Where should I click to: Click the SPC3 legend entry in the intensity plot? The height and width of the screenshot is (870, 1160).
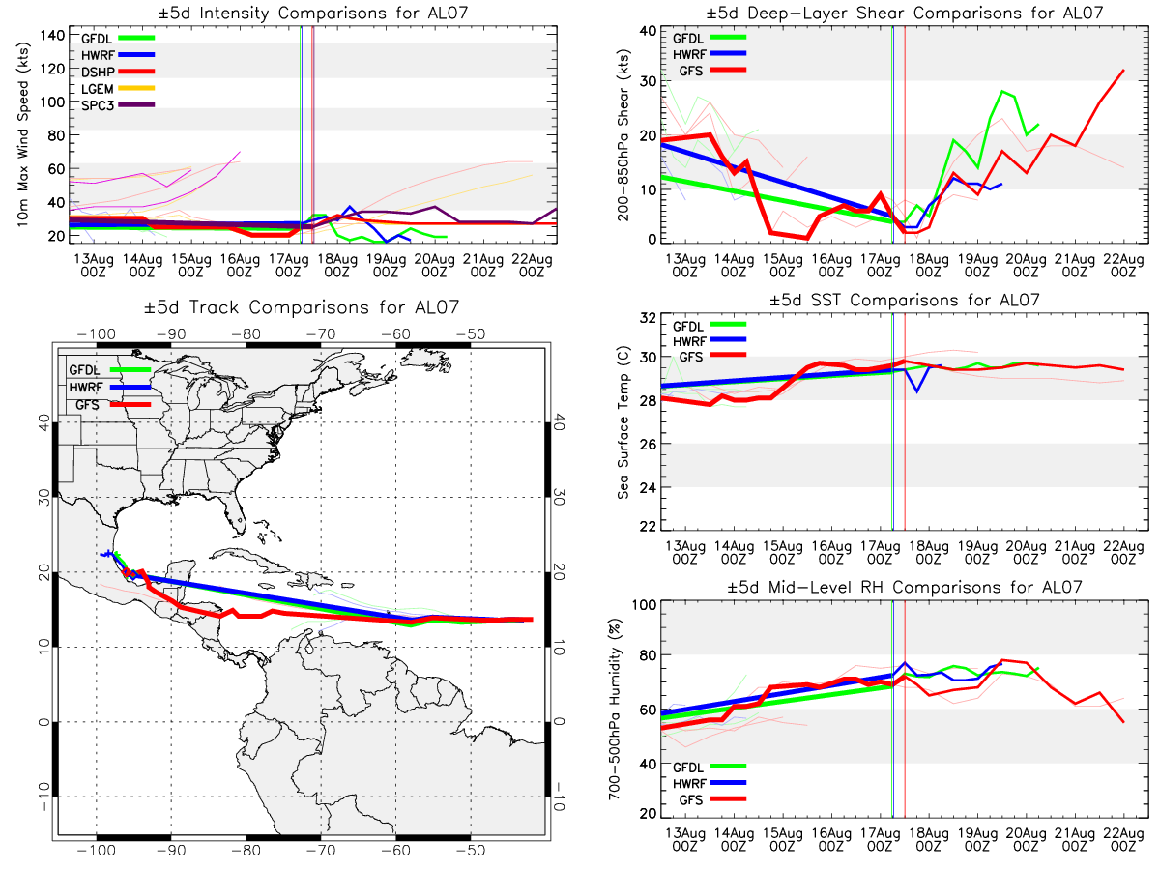click(117, 105)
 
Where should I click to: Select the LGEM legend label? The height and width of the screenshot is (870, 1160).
click(98, 89)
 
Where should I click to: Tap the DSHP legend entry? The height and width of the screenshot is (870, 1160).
click(117, 72)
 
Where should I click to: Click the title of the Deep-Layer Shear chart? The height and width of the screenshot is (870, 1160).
click(904, 13)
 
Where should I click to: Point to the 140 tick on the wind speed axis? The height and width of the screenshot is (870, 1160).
click(52, 36)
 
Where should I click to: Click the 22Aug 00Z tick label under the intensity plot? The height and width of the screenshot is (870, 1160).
click(532, 266)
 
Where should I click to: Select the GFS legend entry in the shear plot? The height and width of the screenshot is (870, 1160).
click(712, 71)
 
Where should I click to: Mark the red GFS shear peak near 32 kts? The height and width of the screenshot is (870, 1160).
click(1123, 70)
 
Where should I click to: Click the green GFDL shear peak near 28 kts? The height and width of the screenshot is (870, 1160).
click(1001, 91)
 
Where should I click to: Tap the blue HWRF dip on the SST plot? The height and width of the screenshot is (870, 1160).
click(917, 391)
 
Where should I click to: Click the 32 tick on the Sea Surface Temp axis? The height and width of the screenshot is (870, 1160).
click(648, 318)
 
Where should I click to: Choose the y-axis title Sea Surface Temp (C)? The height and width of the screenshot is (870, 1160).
click(623, 422)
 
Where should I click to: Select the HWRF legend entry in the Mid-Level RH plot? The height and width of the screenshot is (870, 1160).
click(710, 783)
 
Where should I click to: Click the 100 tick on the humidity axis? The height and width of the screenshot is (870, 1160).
click(644, 604)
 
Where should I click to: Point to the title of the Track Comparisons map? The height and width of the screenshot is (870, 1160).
click(302, 306)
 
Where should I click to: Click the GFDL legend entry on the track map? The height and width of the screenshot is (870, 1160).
click(109, 370)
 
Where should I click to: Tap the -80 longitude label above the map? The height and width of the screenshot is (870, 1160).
click(246, 333)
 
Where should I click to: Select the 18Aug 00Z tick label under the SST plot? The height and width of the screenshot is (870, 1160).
click(929, 553)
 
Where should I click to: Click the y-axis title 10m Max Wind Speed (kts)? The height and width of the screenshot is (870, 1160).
click(23, 134)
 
